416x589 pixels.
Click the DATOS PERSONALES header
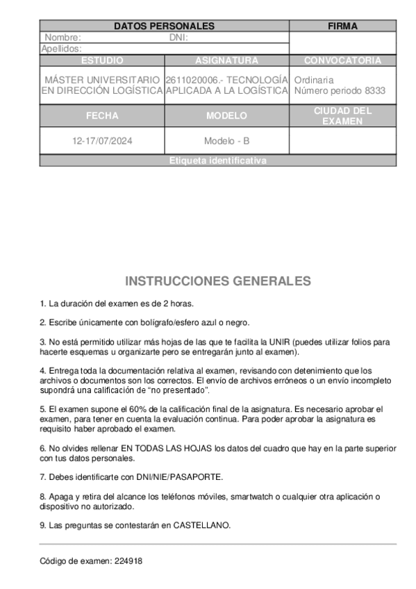pyautogui.click(x=164, y=26)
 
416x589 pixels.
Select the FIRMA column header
pyautogui.click(x=342, y=26)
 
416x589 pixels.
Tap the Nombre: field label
pyautogui.click(x=63, y=38)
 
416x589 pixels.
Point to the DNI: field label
pyautogui.click(x=178, y=38)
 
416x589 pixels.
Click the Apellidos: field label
pyautogui.click(x=62, y=49)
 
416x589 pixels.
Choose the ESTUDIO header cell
pyautogui.click(x=102, y=60)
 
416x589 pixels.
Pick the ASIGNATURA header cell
pyautogui.click(x=226, y=60)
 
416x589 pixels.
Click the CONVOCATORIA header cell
pyautogui.click(x=342, y=60)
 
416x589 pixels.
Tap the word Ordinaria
pyautogui.click(x=314, y=80)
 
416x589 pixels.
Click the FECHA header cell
pyautogui.click(x=102, y=116)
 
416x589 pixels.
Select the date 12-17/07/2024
pyautogui.click(x=102, y=141)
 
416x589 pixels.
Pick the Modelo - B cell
pyautogui.click(x=226, y=141)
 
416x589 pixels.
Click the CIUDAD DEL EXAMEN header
pyautogui.click(x=342, y=116)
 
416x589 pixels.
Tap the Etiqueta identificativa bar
pyautogui.click(x=217, y=160)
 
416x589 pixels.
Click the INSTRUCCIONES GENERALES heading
pyautogui.click(x=217, y=281)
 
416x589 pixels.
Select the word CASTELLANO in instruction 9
pyautogui.click(x=201, y=525)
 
